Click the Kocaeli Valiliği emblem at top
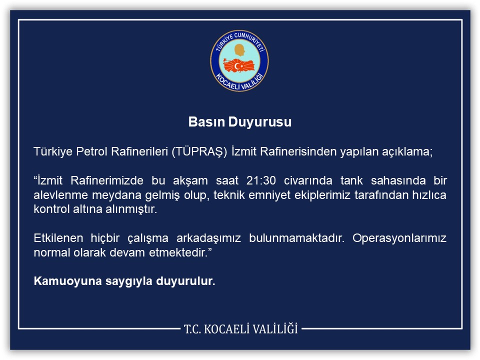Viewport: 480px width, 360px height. (239, 60)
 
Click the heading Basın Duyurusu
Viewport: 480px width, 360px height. (239, 122)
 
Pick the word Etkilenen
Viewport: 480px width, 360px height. (55, 238)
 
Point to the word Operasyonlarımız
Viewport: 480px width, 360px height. (399, 238)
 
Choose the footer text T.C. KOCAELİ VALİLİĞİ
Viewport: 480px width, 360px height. (240, 328)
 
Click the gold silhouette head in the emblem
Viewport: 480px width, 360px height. (239, 50)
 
